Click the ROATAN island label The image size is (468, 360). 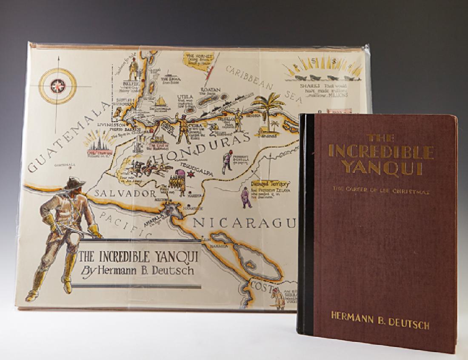coord(214,90)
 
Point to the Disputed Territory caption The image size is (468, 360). coord(258,183)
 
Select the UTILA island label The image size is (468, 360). coord(187,97)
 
